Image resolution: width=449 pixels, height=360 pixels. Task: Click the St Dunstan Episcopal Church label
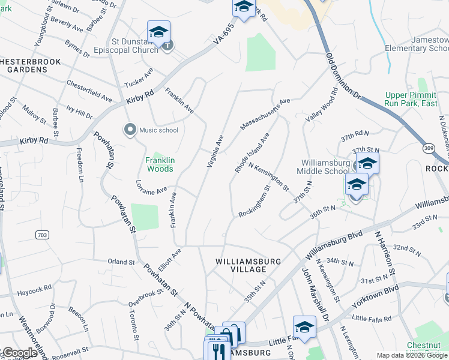pyautogui.click(x=126, y=46)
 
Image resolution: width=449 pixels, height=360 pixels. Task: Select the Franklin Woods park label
pyautogui.click(x=160, y=164)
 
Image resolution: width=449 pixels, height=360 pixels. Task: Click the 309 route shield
pyautogui.click(x=429, y=148)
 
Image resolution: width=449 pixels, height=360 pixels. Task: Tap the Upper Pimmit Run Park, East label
pyautogui.click(x=411, y=100)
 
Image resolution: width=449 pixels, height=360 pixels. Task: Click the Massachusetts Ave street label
pyautogui.click(x=265, y=114)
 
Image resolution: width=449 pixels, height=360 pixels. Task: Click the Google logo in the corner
pyautogui.click(x=19, y=353)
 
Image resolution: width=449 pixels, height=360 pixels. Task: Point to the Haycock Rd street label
pyautogui.click(x=34, y=290)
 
